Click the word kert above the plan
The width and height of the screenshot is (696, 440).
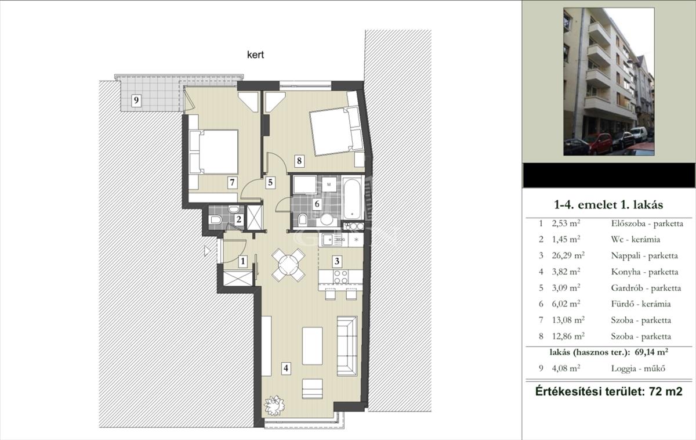click(x=255, y=55)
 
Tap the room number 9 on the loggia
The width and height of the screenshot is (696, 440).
click(x=136, y=100)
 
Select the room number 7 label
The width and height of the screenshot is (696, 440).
click(x=232, y=182)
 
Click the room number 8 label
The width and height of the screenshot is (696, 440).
click(x=299, y=161)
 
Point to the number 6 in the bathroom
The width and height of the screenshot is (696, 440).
click(x=317, y=204)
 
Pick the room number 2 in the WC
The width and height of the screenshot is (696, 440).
click(x=238, y=219)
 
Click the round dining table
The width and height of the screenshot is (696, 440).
click(x=288, y=265)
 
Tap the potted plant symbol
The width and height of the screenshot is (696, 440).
click(x=274, y=405)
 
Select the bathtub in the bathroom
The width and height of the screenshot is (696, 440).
click(x=352, y=198)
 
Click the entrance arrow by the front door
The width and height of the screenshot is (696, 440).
click(x=207, y=251)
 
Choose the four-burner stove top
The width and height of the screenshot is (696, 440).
click(x=340, y=277)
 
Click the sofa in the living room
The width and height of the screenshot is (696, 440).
click(x=347, y=346)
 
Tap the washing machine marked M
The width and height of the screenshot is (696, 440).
click(x=329, y=185)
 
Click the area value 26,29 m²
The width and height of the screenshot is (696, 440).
click(x=568, y=255)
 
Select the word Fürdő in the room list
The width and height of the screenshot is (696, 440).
click(x=622, y=304)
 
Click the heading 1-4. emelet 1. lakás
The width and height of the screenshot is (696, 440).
click(x=608, y=204)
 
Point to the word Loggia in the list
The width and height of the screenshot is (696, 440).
click(x=623, y=369)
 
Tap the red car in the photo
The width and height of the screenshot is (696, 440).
click(x=600, y=143)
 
